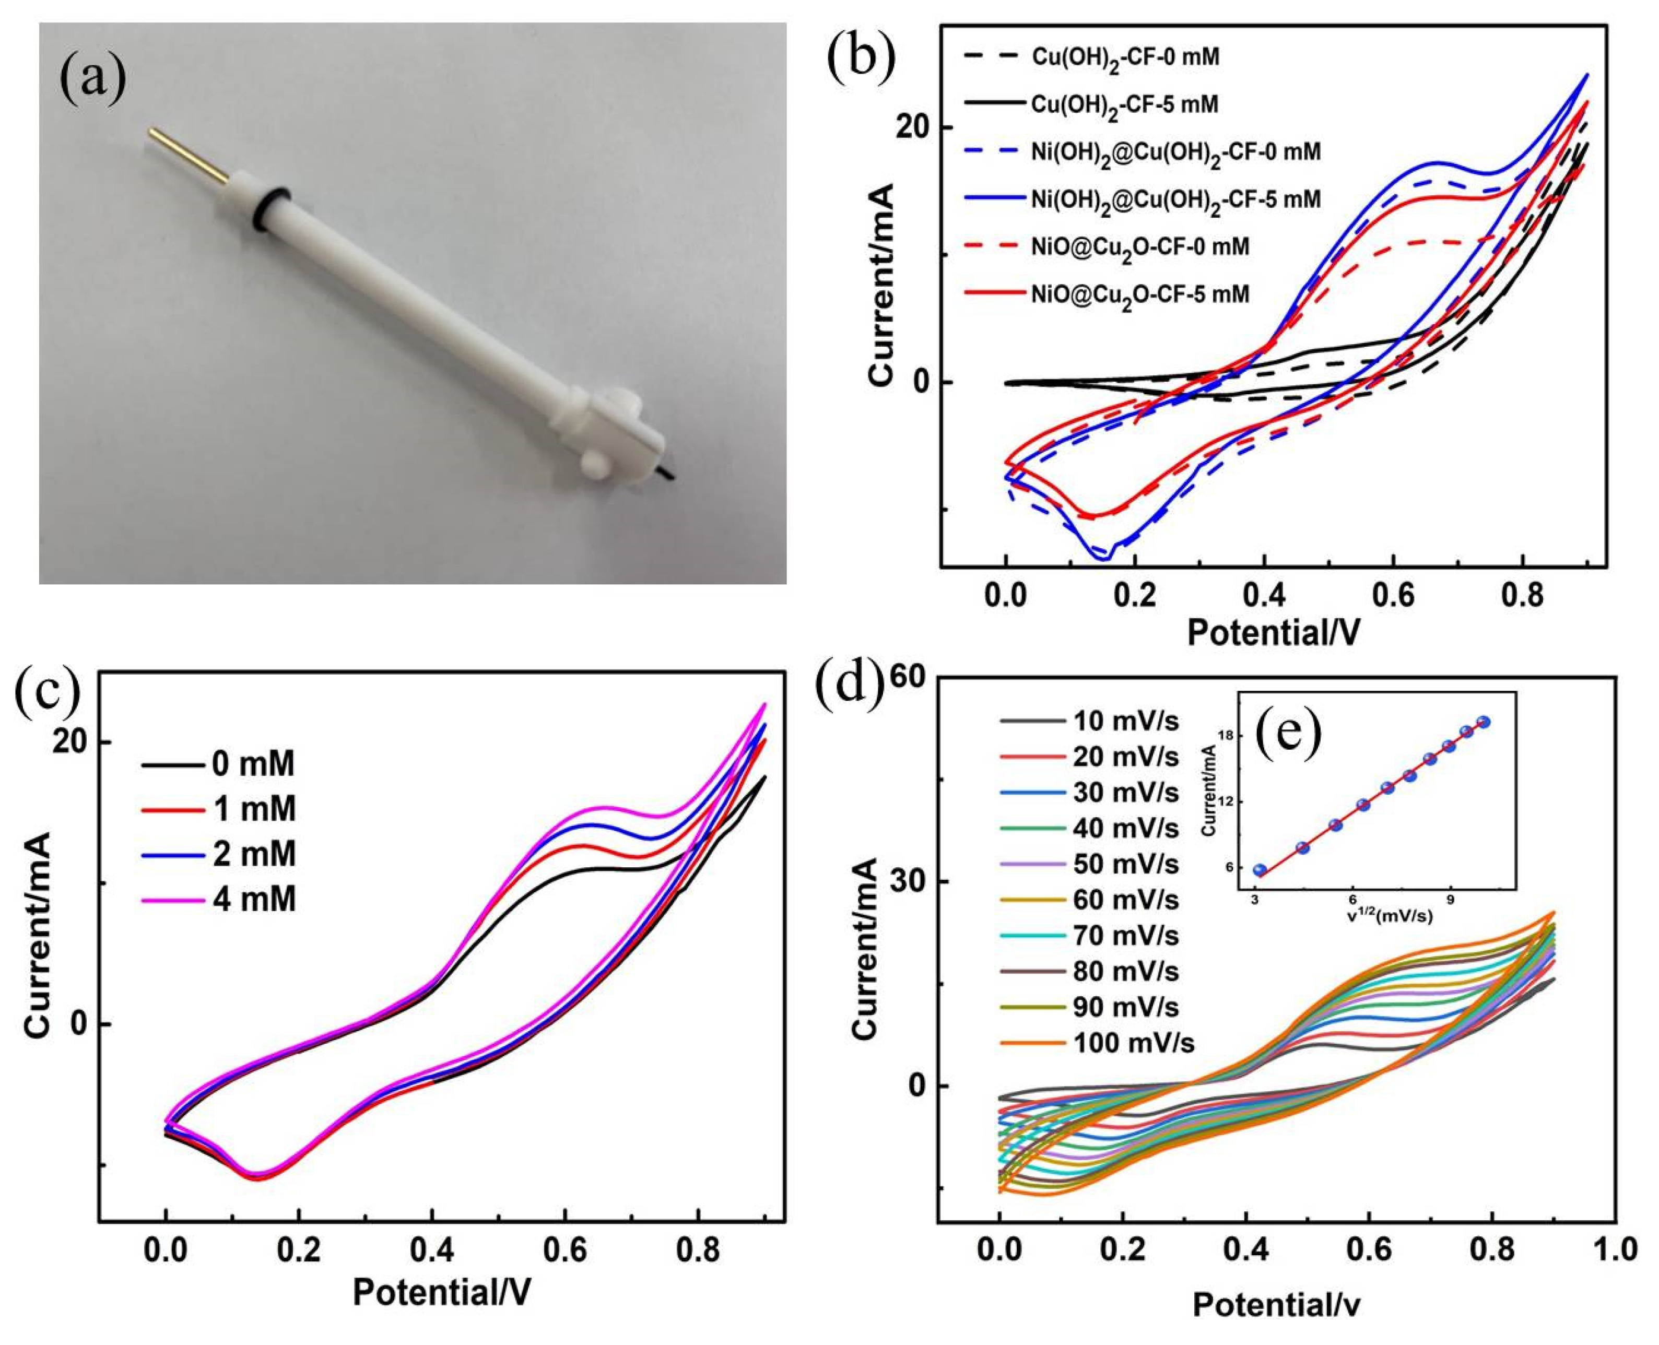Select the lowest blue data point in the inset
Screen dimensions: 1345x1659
1260,870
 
